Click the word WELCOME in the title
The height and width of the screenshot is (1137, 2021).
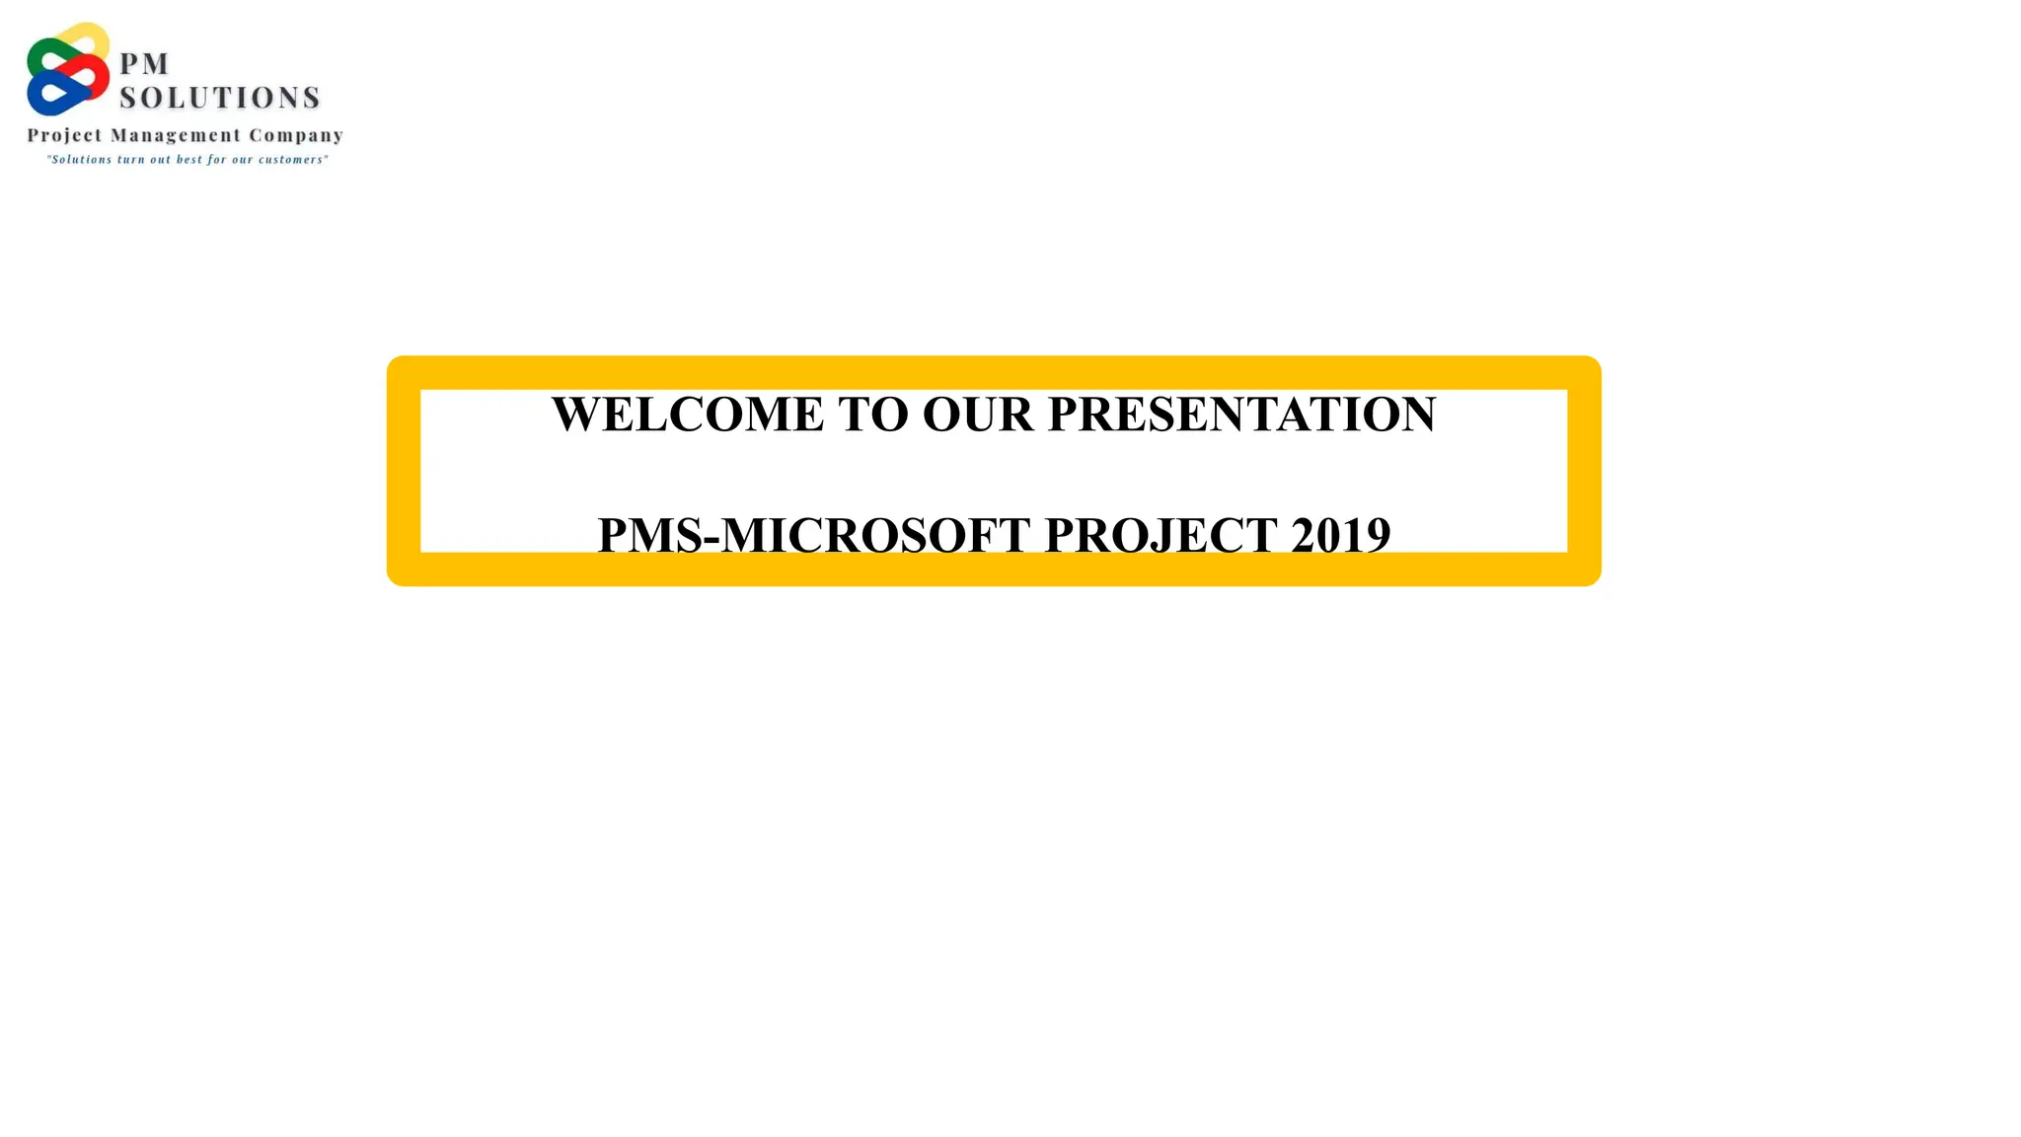click(687, 415)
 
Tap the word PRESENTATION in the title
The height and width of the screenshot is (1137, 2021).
click(1241, 415)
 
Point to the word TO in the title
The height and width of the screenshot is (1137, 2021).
click(873, 415)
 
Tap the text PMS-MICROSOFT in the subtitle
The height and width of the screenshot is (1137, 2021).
click(814, 535)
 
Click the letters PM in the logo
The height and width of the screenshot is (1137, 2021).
click(144, 64)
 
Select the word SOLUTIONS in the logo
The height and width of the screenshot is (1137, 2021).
click(220, 98)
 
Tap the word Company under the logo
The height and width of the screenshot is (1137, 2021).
click(296, 136)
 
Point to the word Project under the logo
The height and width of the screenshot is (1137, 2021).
click(64, 136)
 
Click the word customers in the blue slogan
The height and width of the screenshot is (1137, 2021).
click(292, 160)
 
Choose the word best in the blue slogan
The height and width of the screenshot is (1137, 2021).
click(189, 160)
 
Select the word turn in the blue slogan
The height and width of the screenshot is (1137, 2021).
click(130, 160)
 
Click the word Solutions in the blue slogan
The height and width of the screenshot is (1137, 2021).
click(80, 160)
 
